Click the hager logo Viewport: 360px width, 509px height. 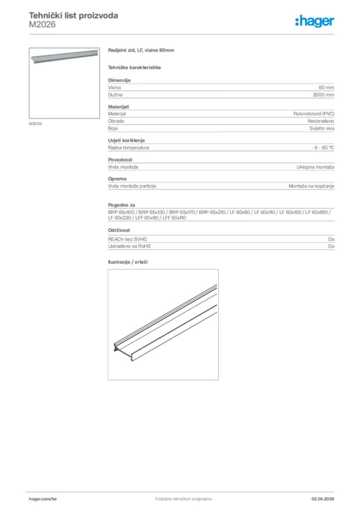[315, 21]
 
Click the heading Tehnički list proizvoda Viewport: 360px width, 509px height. [74, 15]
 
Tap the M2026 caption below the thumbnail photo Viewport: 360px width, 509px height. [35, 123]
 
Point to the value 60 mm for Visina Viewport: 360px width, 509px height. [326, 87]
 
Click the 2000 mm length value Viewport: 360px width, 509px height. [323, 94]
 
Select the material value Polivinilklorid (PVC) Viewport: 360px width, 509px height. [314, 114]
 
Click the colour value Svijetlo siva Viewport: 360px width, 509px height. [322, 128]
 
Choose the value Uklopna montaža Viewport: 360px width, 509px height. [315, 167]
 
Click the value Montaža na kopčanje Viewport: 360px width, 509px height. [311, 186]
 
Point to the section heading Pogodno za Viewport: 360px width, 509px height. [122, 205]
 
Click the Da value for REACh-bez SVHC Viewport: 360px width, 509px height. [331, 239]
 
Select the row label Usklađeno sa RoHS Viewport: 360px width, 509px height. [129, 246]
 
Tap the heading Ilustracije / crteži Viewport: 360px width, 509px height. [129, 261]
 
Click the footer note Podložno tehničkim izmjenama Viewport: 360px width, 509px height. [184, 498]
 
